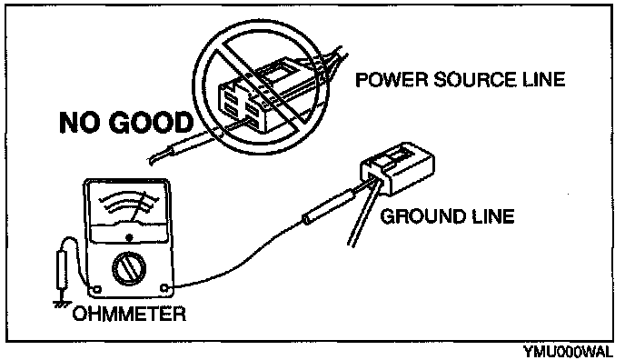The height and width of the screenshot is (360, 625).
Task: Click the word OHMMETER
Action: coord(129,314)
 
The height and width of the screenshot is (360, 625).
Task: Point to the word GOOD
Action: coord(151,123)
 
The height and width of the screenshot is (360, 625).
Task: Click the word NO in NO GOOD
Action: coord(81,123)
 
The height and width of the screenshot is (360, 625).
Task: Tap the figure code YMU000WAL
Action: coord(568,352)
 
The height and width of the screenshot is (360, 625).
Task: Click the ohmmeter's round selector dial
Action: coord(129,268)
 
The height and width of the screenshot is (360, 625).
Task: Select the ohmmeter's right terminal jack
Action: coord(164,288)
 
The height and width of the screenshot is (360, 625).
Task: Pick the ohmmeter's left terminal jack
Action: coord(96,289)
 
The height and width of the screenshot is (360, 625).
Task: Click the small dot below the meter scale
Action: coord(129,237)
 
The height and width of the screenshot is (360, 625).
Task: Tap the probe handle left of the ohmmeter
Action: coord(61,269)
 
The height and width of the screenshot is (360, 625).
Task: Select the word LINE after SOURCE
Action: coord(544,79)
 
